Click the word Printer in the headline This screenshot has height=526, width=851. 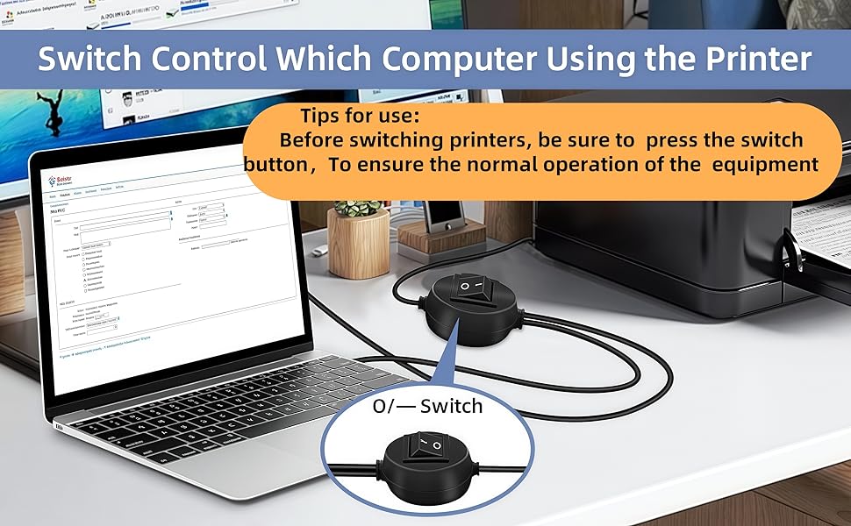point(753,59)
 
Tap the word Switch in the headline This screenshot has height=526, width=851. point(89,59)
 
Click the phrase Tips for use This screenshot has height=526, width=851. point(359,116)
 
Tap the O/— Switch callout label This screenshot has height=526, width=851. point(427,406)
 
